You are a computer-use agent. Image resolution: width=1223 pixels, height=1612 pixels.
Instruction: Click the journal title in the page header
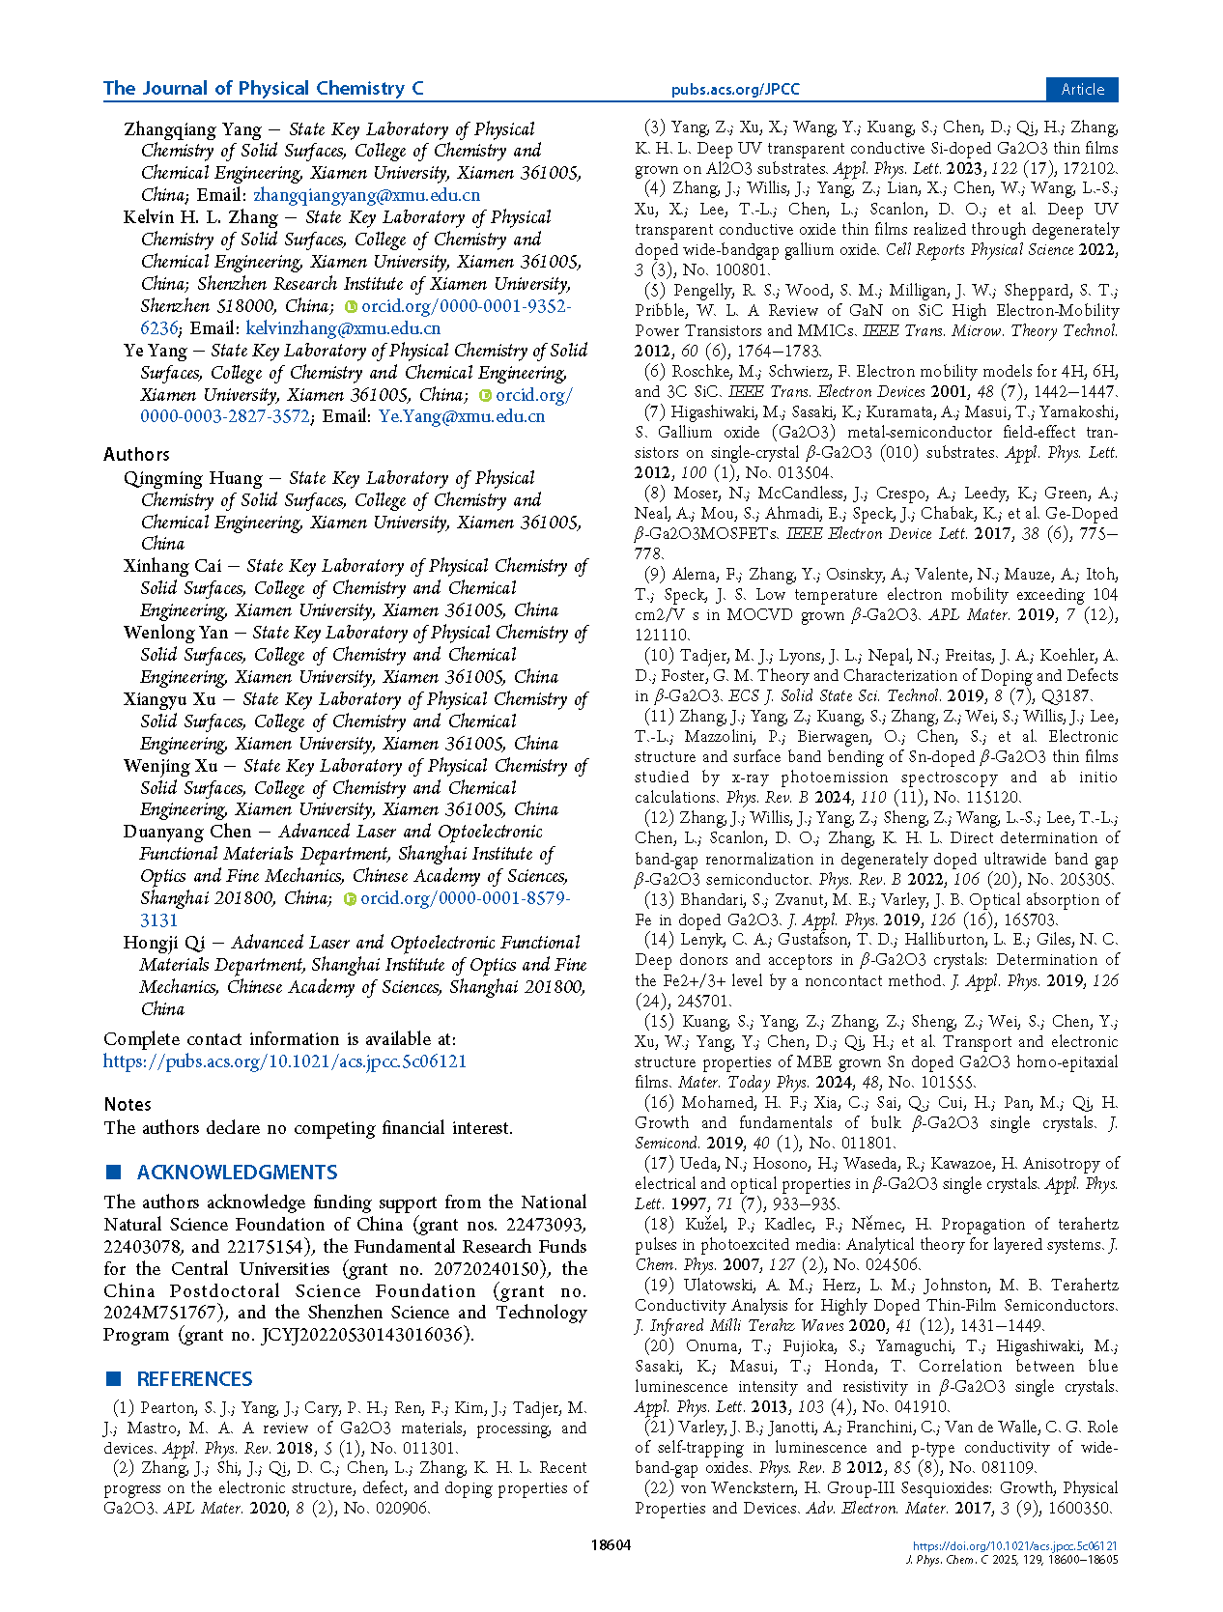(263, 89)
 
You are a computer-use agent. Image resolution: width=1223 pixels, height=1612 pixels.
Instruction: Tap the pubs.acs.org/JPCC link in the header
(735, 90)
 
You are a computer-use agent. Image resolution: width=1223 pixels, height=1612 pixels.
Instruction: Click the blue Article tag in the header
(1082, 89)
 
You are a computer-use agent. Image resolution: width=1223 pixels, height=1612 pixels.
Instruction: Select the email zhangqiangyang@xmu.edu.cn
(366, 195)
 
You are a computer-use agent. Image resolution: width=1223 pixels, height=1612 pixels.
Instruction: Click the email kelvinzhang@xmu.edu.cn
(343, 328)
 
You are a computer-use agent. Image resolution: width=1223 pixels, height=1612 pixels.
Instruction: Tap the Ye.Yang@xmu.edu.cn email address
(462, 416)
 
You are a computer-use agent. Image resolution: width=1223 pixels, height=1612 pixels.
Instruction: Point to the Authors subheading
(136, 454)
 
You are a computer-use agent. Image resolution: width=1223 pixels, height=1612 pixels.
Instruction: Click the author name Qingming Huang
(192, 478)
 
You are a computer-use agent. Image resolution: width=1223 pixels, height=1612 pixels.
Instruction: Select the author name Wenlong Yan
(176, 633)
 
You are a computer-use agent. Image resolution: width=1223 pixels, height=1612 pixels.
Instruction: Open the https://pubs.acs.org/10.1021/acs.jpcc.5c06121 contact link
(285, 1061)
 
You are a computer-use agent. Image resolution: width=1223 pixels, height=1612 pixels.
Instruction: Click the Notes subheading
(128, 1104)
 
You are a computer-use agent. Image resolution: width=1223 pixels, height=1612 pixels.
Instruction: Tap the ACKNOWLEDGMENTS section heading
(237, 1173)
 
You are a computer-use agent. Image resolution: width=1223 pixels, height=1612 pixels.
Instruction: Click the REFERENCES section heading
(194, 1379)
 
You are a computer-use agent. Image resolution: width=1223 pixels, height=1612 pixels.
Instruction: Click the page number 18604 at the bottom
(611, 1544)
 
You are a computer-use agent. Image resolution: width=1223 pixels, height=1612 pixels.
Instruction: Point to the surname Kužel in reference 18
(704, 1225)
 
